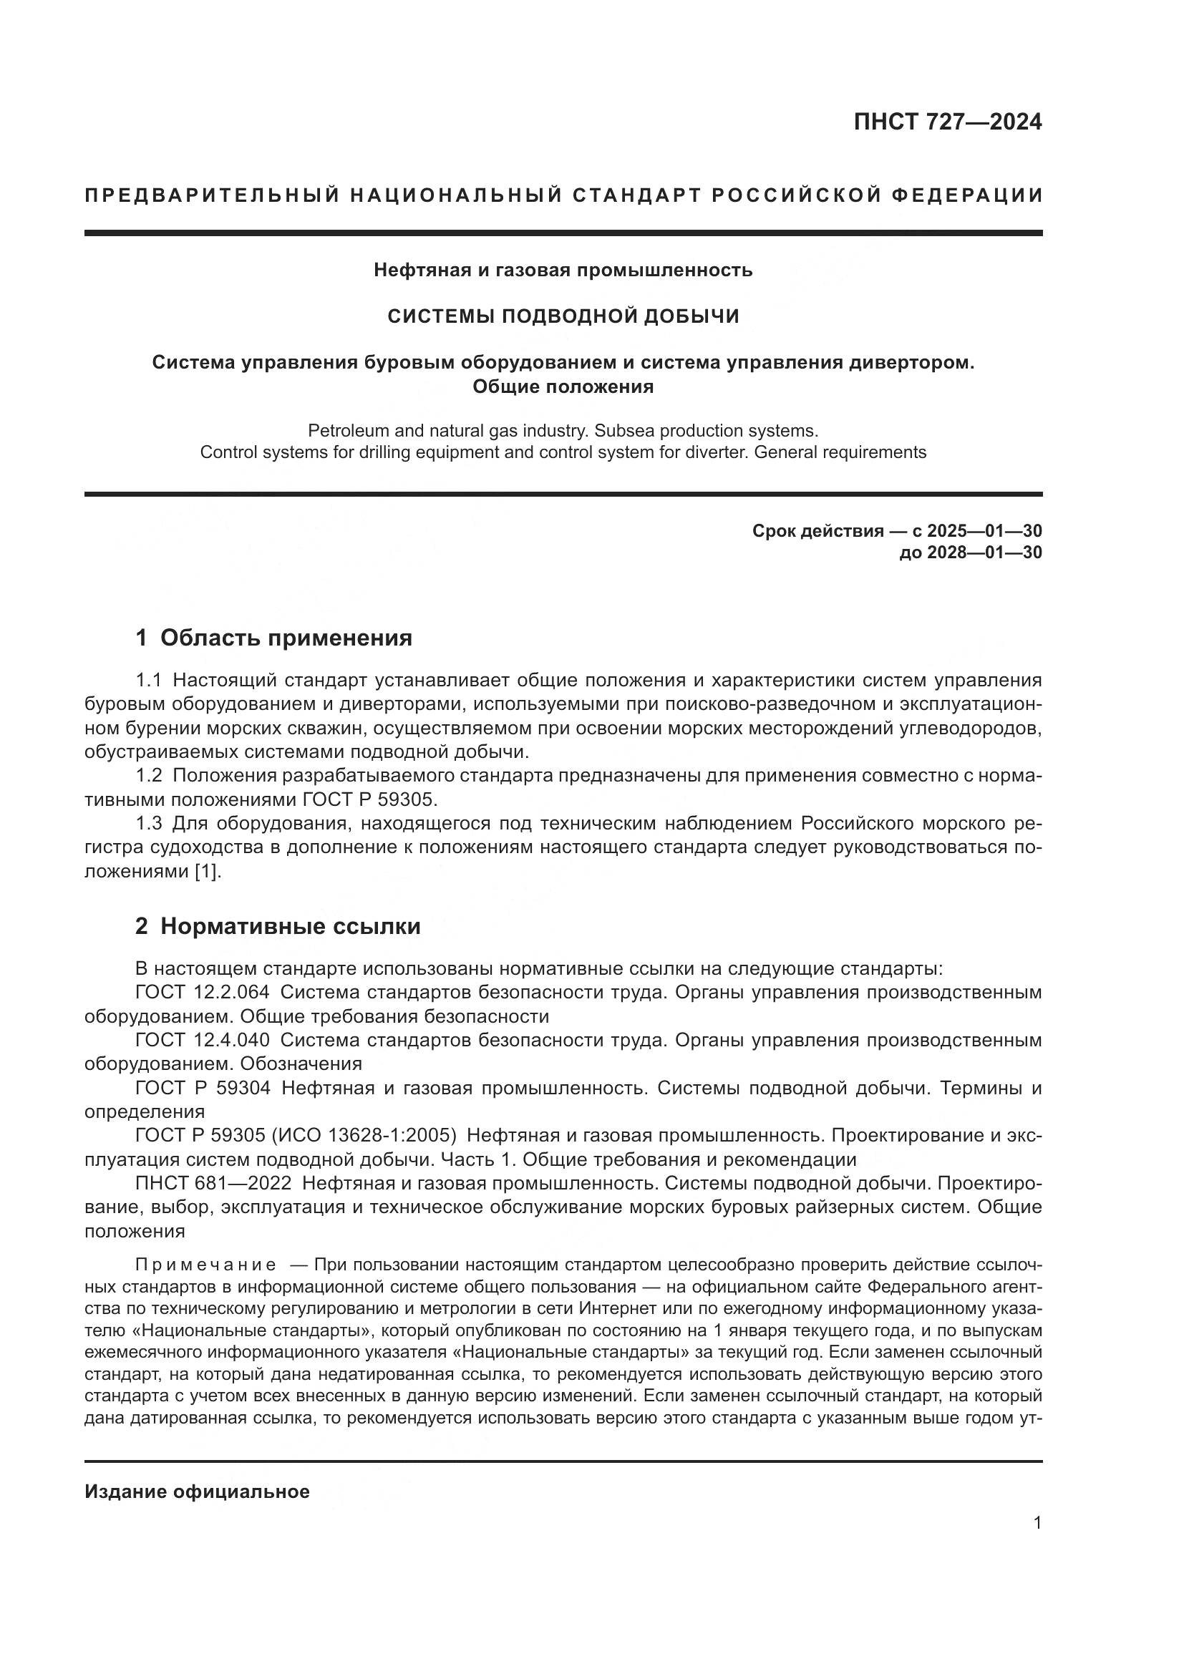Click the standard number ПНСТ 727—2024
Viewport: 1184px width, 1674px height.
click(x=947, y=122)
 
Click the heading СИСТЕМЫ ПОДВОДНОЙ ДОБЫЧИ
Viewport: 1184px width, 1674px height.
click(x=563, y=316)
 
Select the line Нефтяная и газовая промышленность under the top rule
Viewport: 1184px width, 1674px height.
click(x=563, y=271)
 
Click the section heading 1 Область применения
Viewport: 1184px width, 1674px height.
click(x=273, y=638)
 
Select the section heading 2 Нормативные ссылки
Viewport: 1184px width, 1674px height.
click(x=278, y=926)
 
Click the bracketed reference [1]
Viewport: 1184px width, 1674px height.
click(x=207, y=871)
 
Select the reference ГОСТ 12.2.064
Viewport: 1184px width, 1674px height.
click(x=202, y=992)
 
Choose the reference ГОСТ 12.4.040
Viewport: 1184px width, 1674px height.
click(x=202, y=1040)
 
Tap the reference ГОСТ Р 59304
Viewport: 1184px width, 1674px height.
click(x=202, y=1088)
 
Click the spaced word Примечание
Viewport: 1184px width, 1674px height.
click(x=205, y=1264)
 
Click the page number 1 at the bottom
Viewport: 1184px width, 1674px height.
click(x=1037, y=1522)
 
